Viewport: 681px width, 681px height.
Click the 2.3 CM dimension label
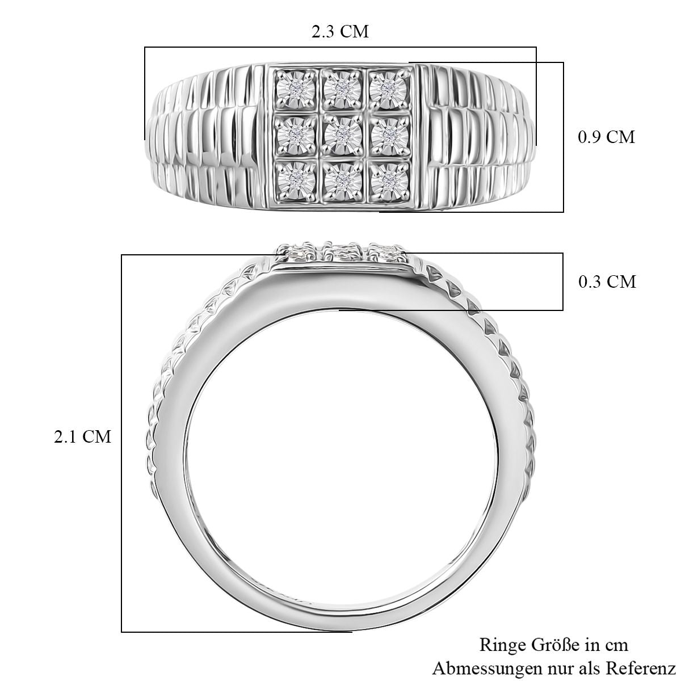pyautogui.click(x=340, y=32)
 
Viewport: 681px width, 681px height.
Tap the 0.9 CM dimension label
pyautogui.click(x=606, y=137)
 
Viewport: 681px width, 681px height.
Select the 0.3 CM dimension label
pyautogui.click(x=607, y=281)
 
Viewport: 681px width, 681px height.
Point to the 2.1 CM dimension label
pyautogui.click(x=82, y=436)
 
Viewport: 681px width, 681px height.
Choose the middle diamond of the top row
pyautogui.click(x=342, y=87)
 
